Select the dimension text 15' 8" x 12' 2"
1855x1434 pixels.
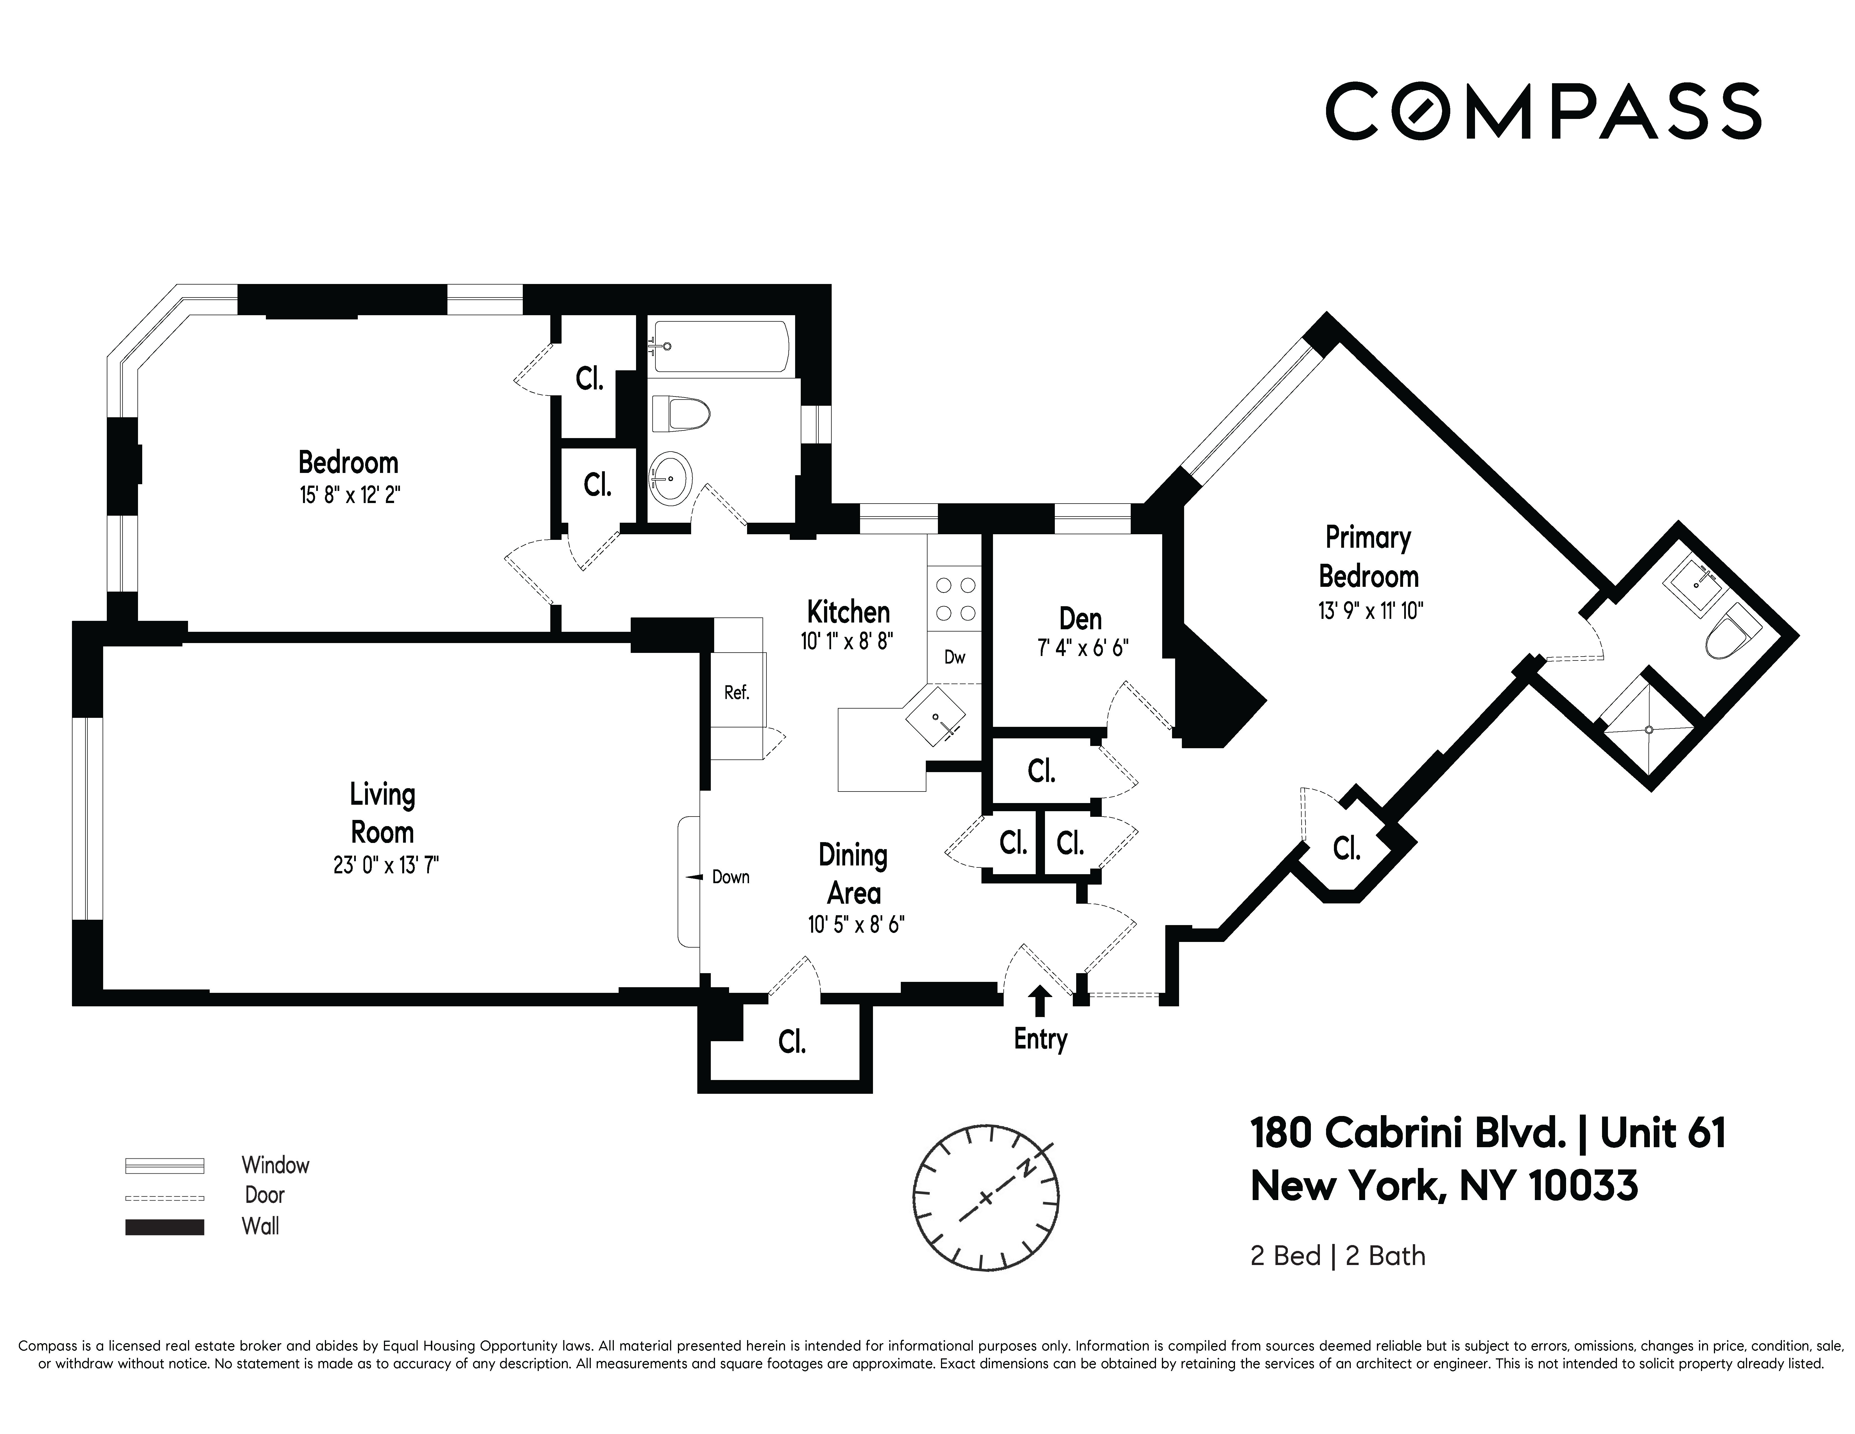click(349, 495)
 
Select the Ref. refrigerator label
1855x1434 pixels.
click(736, 692)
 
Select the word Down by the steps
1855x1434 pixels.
click(730, 877)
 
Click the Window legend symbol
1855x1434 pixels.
click(165, 1165)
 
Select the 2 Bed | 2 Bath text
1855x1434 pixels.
click(1338, 1256)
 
